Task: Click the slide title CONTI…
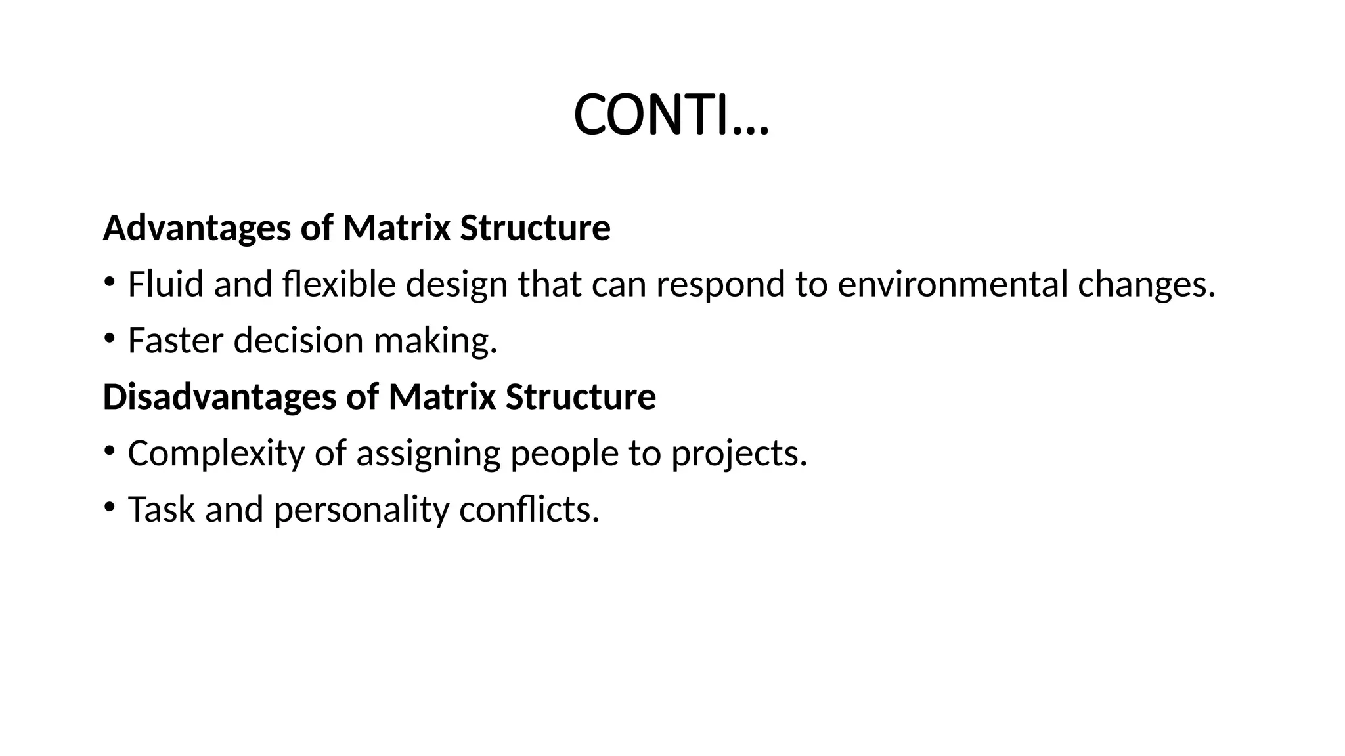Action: coord(671,115)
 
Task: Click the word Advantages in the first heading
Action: coord(196,228)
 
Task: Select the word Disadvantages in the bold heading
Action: coord(219,397)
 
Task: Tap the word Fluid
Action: coord(165,285)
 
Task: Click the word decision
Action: coord(298,341)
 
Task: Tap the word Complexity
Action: coord(216,453)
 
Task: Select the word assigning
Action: coord(428,453)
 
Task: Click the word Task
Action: coord(161,509)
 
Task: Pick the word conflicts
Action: coord(529,509)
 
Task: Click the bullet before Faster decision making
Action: coord(109,339)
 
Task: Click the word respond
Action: coord(720,285)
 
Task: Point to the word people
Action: coord(564,453)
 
